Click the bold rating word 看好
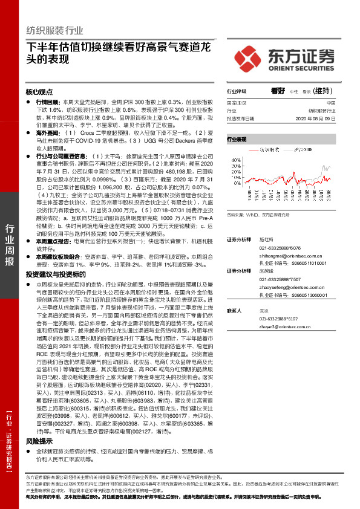[278, 91]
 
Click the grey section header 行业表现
[237, 139]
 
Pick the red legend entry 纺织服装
[269, 148]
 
